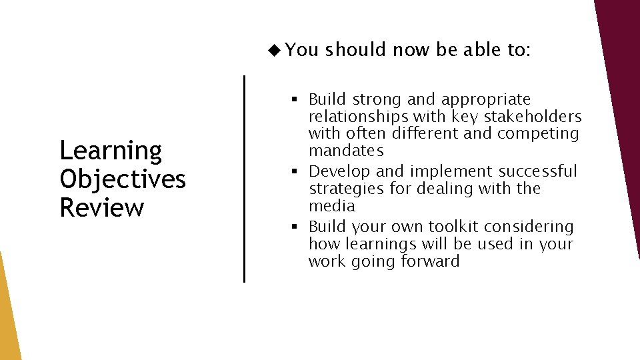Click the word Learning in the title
pos(111,151)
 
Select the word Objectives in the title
pos(123,179)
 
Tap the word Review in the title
pos(101,207)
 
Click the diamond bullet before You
pos(273,49)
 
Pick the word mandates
pos(346,151)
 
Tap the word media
pos(331,206)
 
